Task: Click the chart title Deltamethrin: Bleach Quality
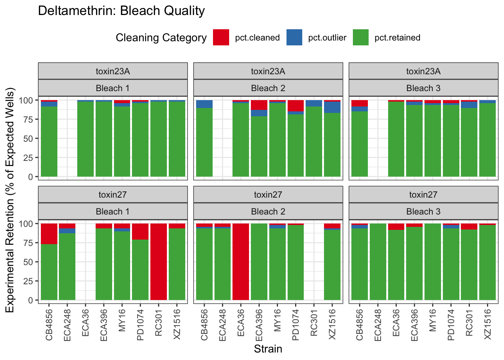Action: tap(121, 11)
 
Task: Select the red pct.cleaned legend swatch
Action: tap(221, 37)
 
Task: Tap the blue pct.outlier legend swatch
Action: tap(294, 37)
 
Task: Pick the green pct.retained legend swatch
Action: tap(361, 37)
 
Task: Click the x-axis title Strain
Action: tap(268, 349)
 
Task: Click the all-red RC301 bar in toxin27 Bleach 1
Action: tap(159, 262)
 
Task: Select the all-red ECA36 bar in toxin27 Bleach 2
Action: tap(241, 262)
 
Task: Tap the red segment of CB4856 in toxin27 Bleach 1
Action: tap(49, 234)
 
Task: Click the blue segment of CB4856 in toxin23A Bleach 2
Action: tap(204, 104)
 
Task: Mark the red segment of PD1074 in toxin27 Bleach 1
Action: tap(140, 231)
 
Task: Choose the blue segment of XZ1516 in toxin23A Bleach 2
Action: tap(332, 107)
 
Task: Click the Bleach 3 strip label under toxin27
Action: tap(423, 211)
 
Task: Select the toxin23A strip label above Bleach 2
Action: tap(268, 71)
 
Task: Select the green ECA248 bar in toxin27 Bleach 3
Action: tap(378, 262)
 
